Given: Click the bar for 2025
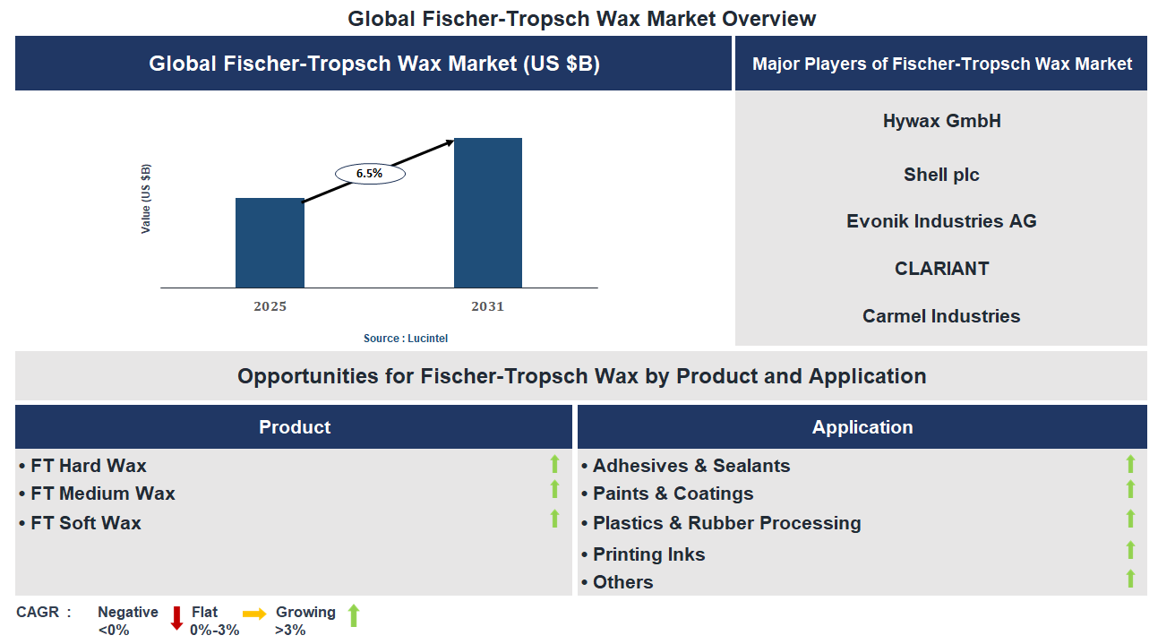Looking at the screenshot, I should [x=270, y=243].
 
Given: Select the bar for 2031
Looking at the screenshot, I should [x=487, y=212].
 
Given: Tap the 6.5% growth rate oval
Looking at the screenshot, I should [x=370, y=174].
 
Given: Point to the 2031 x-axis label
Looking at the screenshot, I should [x=487, y=306].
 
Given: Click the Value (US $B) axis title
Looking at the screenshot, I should [x=146, y=199].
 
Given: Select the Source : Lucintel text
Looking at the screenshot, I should [x=406, y=339].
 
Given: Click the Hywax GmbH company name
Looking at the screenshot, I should [x=941, y=121].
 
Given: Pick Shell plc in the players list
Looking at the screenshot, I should [x=941, y=175].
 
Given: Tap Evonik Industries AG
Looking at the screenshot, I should [x=941, y=221].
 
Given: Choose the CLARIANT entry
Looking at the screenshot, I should [x=941, y=269].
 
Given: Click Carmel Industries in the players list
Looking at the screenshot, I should [x=941, y=316].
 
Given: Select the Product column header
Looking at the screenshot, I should [x=294, y=427].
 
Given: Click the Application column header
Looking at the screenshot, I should [x=862, y=427].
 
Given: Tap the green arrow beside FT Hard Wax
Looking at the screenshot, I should [x=554, y=464].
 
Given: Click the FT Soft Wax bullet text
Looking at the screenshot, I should [x=85, y=523].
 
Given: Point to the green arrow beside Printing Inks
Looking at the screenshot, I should [x=1130, y=550].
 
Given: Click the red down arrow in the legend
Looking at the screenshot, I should [x=176, y=618].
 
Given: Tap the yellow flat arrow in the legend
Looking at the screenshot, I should [x=254, y=614].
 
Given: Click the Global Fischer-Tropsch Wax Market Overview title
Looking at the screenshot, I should [x=582, y=18].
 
